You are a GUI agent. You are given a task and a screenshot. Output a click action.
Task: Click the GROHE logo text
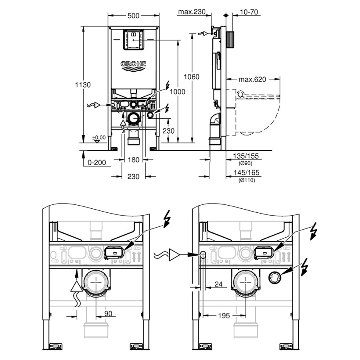(134, 64)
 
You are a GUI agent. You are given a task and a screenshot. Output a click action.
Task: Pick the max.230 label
(192, 12)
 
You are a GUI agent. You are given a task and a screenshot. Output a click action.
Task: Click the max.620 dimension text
(252, 79)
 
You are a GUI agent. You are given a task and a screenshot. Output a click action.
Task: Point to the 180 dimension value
(134, 160)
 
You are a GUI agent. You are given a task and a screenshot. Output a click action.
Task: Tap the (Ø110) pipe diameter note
(246, 180)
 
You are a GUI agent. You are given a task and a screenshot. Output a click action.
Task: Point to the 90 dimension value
(108, 314)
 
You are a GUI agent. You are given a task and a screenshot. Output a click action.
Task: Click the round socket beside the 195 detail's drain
(274, 277)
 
